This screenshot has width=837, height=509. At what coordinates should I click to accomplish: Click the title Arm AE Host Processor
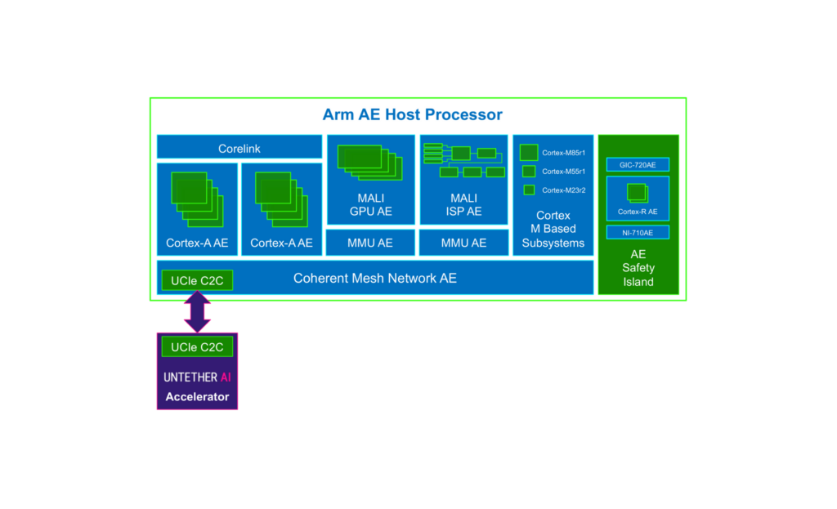pos(412,114)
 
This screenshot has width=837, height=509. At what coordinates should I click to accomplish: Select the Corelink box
pos(239,149)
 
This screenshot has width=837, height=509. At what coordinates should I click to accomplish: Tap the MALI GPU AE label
pos(370,205)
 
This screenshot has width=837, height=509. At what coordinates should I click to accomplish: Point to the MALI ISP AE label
pos(463,205)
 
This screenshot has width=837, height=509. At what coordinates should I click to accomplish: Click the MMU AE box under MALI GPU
pos(370,243)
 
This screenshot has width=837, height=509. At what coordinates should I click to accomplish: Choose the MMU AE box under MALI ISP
pos(463,243)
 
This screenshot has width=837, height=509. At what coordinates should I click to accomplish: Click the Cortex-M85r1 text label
pos(563,153)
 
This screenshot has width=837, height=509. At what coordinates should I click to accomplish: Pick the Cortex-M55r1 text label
pos(563,172)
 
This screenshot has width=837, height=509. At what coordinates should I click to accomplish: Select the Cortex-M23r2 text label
pos(563,190)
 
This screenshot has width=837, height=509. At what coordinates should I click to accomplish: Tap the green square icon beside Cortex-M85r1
pos(529,153)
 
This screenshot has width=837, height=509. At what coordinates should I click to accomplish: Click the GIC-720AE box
pos(638,165)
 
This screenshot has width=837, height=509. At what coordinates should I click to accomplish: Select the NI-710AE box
pos(638,233)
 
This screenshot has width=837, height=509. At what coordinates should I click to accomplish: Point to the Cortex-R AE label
pos(638,212)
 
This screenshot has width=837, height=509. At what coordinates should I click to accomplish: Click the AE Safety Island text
pos(638,268)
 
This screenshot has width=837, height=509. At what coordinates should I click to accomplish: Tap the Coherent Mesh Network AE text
pos(375,279)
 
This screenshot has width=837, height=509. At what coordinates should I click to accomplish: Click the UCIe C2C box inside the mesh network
pos(197,281)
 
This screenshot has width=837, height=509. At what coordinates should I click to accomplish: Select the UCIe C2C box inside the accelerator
pos(197,347)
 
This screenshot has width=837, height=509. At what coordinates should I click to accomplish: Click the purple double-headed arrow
pos(197,312)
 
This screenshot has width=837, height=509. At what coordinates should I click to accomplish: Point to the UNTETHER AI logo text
pos(197,377)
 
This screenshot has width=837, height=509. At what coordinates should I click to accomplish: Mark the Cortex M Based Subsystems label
pos(553,230)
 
